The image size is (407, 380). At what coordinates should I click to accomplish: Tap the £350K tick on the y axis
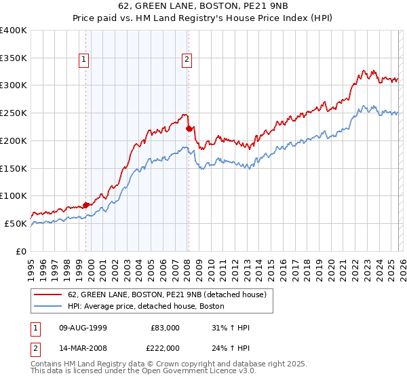point(14,58)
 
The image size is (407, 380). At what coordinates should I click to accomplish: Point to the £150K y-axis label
point(14,168)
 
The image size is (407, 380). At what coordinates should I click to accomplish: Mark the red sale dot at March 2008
point(189,127)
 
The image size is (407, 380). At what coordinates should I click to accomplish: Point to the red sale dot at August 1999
point(85,205)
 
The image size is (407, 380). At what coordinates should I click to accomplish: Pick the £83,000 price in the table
point(164,328)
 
